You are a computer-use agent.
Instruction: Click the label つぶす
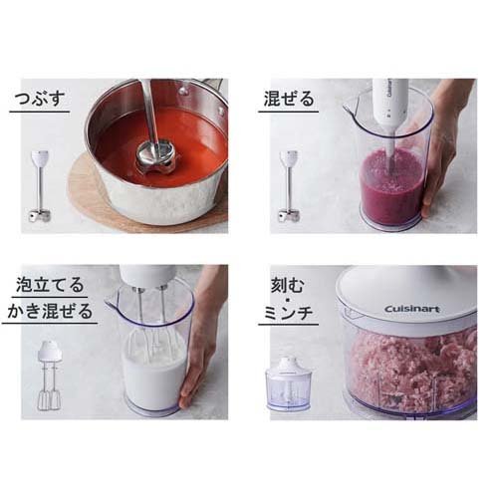pyautogui.click(x=40, y=99)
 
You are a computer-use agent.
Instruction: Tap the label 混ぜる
pyautogui.click(x=289, y=99)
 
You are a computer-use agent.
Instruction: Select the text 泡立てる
pyautogui.click(x=50, y=285)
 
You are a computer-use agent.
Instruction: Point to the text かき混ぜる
pyautogui.click(x=50, y=311)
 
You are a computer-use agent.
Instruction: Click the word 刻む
pyautogui.click(x=288, y=285)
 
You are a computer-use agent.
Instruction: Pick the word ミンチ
pyautogui.click(x=288, y=312)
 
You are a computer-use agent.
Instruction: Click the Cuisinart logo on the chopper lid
pyautogui.click(x=412, y=309)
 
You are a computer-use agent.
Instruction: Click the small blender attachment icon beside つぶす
pyautogui.click(x=40, y=186)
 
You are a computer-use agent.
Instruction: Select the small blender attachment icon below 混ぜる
pyautogui.click(x=289, y=186)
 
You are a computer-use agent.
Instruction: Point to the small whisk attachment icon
pyautogui.click(x=50, y=375)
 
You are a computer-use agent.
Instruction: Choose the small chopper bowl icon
pyautogui.click(x=289, y=383)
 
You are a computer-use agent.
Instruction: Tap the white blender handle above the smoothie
pyautogui.click(x=389, y=108)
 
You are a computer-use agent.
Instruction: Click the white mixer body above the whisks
pyautogui.click(x=147, y=276)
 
